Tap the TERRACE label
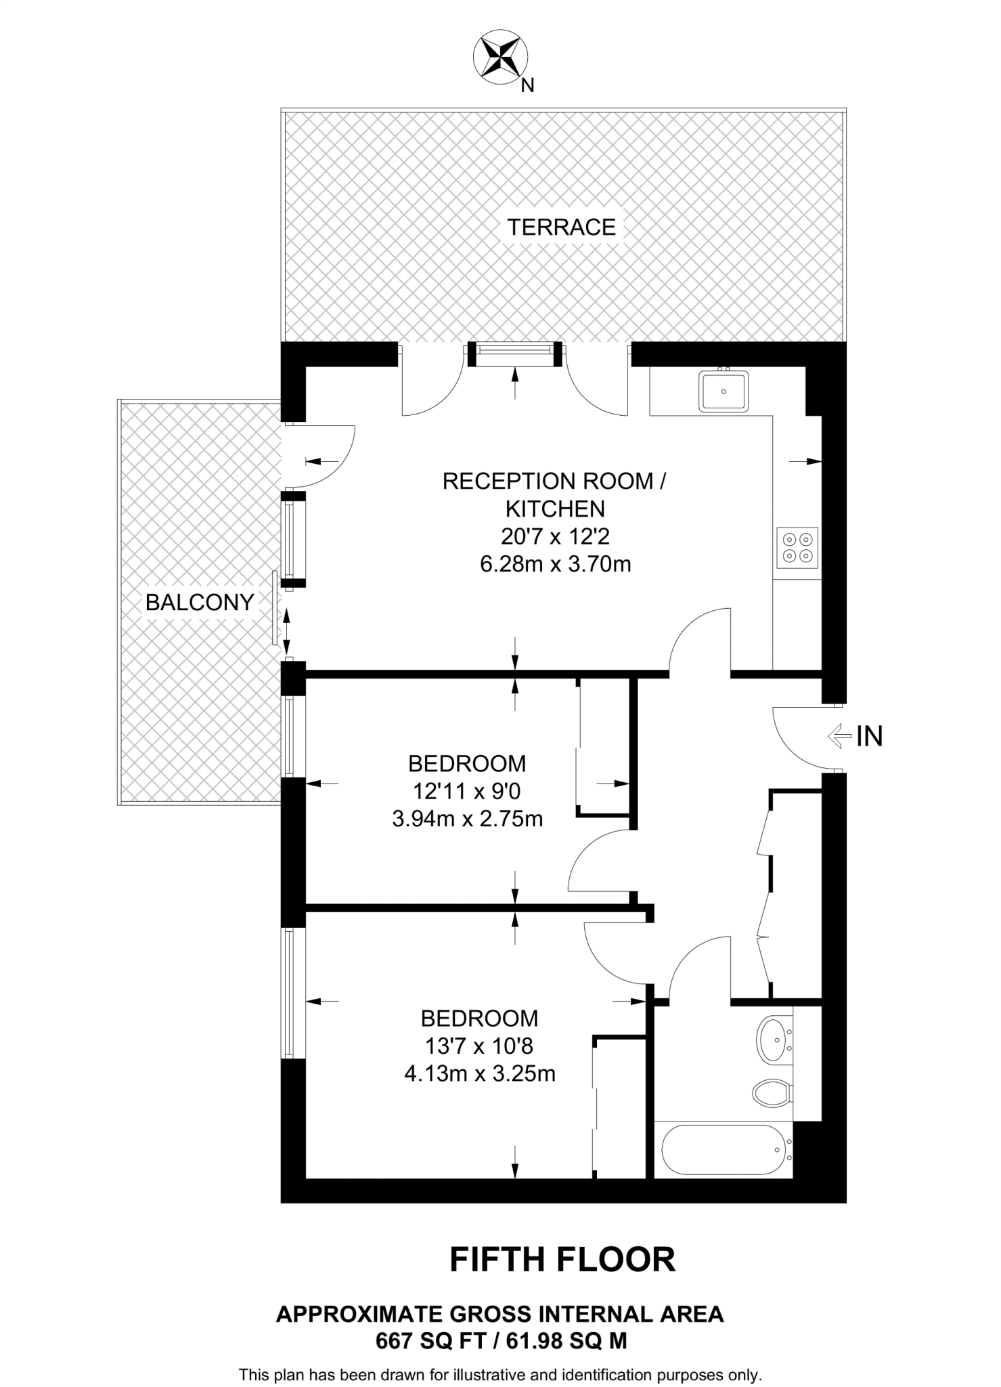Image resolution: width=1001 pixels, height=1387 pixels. [x=561, y=227]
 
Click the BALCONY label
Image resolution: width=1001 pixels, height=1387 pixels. [x=200, y=602]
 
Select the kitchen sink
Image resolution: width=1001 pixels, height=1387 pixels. [x=724, y=391]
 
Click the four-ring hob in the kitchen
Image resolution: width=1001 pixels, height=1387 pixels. [x=797, y=548]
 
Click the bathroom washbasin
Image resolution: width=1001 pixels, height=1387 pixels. [x=773, y=1037]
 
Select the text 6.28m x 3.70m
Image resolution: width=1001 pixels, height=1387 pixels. [x=555, y=564]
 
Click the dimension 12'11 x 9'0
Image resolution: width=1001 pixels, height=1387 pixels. [x=467, y=791]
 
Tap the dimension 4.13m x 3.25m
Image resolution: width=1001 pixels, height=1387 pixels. [x=479, y=1073]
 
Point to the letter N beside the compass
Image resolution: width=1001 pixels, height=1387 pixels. [x=528, y=85]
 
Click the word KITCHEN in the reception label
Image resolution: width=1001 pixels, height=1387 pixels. [x=555, y=509]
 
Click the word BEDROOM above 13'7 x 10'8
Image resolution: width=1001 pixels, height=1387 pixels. [x=479, y=1018]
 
